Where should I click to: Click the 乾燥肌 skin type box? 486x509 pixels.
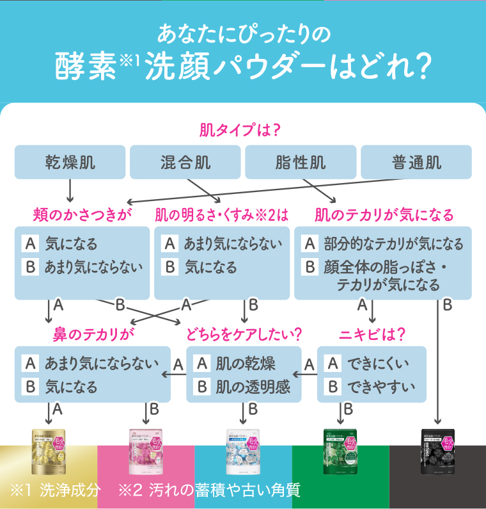[x=70, y=162]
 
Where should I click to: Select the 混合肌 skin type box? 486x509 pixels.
[x=185, y=162]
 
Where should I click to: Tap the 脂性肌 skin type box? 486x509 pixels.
[x=301, y=162]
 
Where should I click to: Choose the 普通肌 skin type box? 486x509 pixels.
[x=416, y=162]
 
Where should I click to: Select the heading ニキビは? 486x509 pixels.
[x=372, y=334]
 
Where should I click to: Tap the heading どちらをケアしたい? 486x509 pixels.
[x=244, y=334]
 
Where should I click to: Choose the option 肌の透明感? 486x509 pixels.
[x=251, y=387]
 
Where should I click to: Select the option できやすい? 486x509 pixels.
[x=380, y=387]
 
